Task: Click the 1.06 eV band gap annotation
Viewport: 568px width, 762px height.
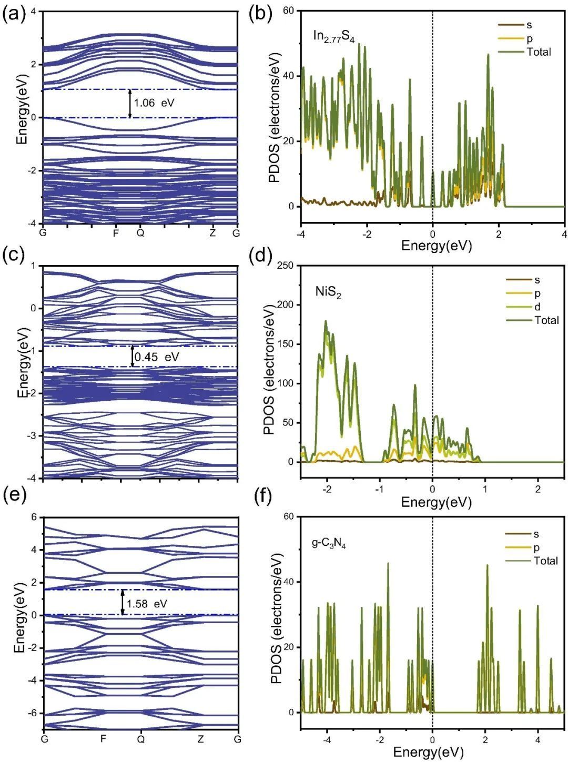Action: click(154, 103)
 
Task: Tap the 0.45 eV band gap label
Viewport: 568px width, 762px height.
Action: click(157, 357)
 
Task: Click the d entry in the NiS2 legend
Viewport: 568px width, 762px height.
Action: click(537, 307)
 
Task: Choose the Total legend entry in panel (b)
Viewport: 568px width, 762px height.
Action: click(539, 52)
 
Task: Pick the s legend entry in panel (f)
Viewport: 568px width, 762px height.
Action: click(536, 534)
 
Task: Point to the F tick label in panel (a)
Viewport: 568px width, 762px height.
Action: click(116, 232)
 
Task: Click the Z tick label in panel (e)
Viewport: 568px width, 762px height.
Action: click(201, 739)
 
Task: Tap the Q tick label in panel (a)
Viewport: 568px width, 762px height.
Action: click(140, 232)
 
